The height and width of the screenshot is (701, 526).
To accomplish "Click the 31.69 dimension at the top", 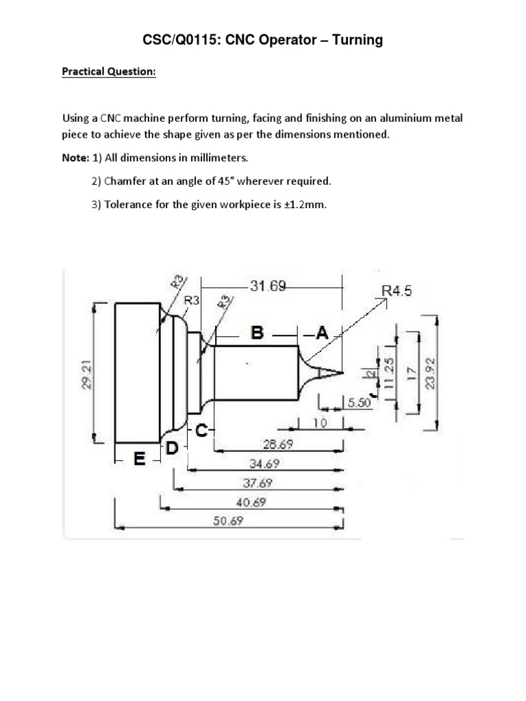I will pos(268,286).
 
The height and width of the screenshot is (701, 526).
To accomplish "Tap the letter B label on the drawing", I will pos(258,333).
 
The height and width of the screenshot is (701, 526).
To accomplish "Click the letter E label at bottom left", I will pos(139,459).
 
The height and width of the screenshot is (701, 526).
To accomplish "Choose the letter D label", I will pos(171,448).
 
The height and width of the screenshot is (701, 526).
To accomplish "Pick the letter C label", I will pos(202,431).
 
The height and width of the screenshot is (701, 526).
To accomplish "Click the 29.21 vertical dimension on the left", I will pos(87,375).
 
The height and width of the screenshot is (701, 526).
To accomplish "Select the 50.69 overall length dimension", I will pos(228,521).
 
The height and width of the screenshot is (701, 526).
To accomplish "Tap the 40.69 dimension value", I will pos(251,502).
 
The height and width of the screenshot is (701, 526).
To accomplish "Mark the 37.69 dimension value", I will pos(256,483).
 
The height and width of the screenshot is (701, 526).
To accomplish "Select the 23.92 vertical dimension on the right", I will pos(429,372).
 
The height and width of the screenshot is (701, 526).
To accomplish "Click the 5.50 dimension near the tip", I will pos(359,404).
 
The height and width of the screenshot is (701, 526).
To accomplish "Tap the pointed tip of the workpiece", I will pos(341,372).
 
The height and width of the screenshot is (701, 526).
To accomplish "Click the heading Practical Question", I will pos(109,71).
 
